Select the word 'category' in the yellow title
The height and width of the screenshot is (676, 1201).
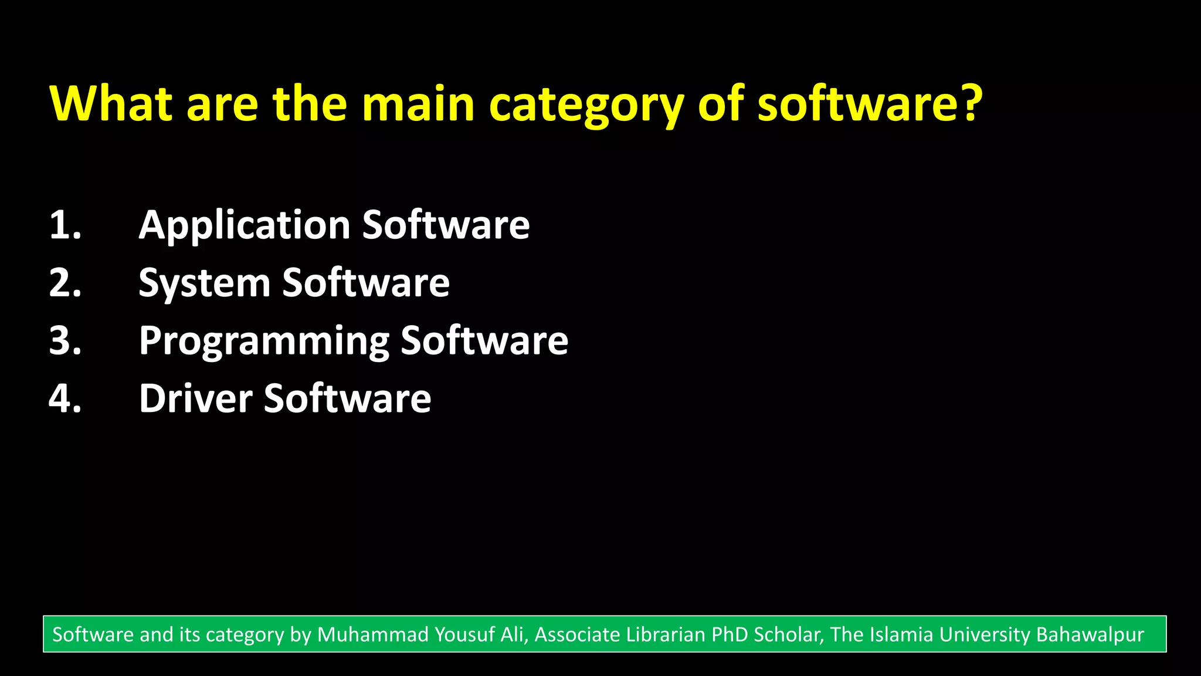pyautogui.click(x=586, y=106)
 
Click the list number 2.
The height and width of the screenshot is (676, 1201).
pyautogui.click(x=65, y=283)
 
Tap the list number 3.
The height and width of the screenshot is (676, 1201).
pyautogui.click(x=65, y=340)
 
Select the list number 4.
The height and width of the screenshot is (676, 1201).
pyautogui.click(x=65, y=398)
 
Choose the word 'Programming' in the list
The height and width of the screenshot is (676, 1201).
pyautogui.click(x=264, y=342)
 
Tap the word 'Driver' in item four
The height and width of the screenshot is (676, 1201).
pyautogui.click(x=195, y=398)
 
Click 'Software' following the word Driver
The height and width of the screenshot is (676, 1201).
pyautogui.click(x=347, y=398)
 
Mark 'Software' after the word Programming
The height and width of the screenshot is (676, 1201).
pyautogui.click(x=484, y=340)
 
